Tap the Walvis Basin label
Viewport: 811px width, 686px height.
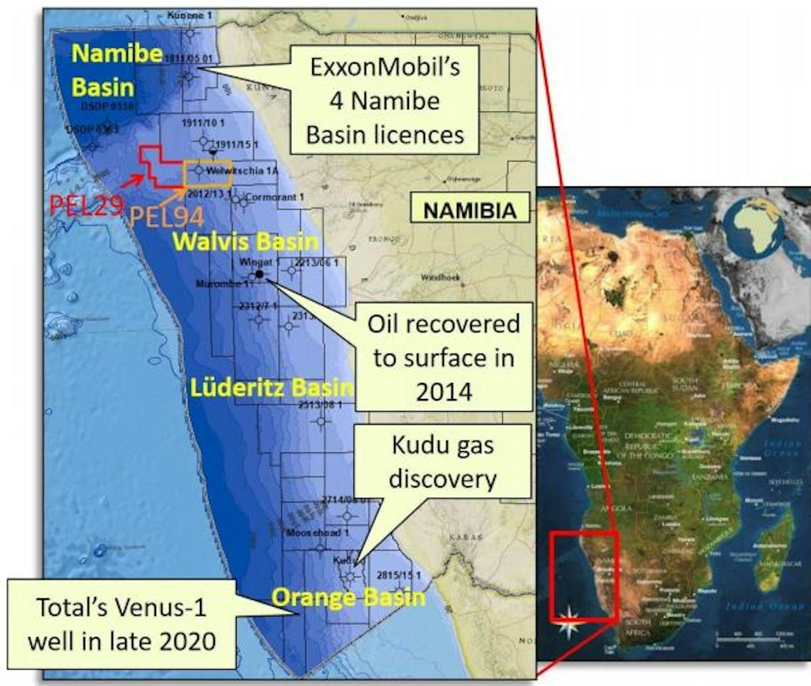point(244,242)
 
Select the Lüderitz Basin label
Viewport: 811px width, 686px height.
point(271,388)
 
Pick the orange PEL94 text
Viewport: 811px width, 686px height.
point(166,217)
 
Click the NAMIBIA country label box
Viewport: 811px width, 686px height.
point(470,210)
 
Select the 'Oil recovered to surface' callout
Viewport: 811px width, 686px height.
point(443,357)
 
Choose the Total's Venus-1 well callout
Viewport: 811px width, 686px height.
point(122,623)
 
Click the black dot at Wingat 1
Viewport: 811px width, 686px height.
point(260,274)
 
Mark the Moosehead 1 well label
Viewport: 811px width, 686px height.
point(317,533)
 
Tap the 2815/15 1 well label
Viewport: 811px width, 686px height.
point(399,575)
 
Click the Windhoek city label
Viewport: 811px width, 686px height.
point(440,278)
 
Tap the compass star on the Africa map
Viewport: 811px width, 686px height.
point(570,621)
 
